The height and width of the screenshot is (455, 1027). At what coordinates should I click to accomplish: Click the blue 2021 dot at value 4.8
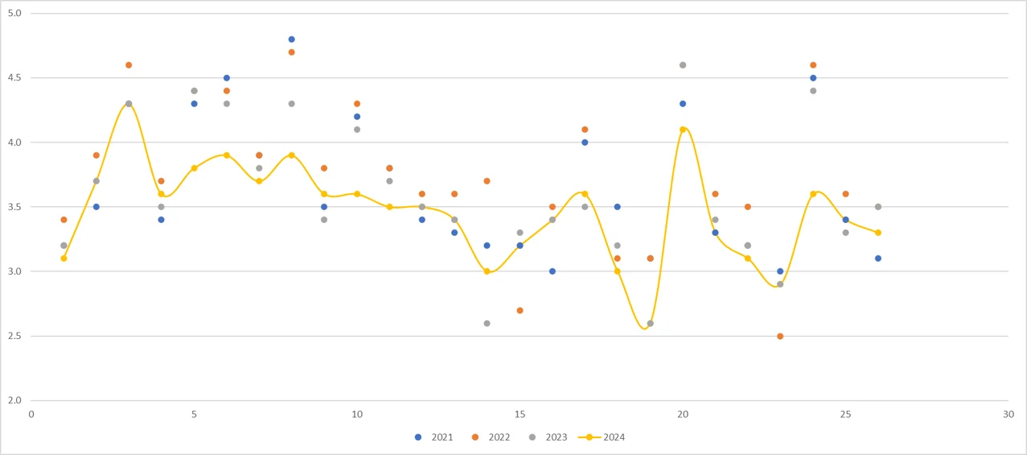[291, 39]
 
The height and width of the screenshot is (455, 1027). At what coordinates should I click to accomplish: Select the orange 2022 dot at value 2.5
[780, 336]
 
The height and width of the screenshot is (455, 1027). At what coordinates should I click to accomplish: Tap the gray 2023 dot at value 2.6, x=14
[487, 323]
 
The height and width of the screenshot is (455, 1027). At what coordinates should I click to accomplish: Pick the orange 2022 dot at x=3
[129, 65]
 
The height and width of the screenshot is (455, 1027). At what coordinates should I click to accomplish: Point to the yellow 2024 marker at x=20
[683, 130]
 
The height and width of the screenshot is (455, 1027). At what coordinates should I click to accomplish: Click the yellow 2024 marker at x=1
[64, 259]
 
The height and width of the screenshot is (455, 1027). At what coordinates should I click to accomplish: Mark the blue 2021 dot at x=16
[552, 271]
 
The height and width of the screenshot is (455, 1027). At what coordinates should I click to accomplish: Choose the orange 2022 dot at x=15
[520, 310]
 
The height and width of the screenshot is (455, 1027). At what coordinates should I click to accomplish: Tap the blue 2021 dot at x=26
[878, 259]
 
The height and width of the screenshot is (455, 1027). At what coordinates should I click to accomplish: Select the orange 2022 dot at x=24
[813, 65]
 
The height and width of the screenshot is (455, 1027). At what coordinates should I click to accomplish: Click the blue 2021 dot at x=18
[617, 207]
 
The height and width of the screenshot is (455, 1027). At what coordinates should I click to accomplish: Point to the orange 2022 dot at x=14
[487, 181]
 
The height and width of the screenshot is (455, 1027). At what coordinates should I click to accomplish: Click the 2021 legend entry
[435, 437]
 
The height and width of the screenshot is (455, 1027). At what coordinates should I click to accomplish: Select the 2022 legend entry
[492, 437]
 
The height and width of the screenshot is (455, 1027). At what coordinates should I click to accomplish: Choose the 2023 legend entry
[548, 437]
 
